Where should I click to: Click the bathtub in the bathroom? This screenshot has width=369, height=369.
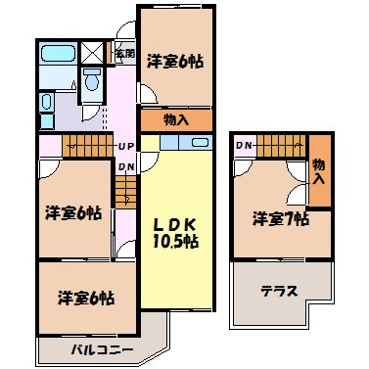pyautogui.click(x=59, y=53)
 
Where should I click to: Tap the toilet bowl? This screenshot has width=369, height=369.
pyautogui.click(x=92, y=79)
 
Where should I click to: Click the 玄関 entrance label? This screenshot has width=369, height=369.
pyautogui.click(x=125, y=54)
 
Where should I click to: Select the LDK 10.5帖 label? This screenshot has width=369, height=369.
pyautogui.click(x=175, y=233)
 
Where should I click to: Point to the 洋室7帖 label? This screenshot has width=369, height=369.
pyautogui.click(x=281, y=218)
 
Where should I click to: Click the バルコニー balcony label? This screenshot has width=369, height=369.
pyautogui.click(x=102, y=350)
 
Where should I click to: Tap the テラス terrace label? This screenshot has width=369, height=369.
pyautogui.click(x=280, y=291)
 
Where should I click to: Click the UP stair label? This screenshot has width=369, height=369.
pyautogui.click(x=126, y=147)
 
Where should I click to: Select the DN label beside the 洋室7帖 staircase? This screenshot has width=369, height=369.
pyautogui.click(x=244, y=146)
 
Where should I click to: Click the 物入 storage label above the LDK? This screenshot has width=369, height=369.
pyautogui.click(x=176, y=120)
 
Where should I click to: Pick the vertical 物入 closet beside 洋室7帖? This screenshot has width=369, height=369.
pyautogui.click(x=320, y=170)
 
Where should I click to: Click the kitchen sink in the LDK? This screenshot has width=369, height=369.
pyautogui.click(x=201, y=143)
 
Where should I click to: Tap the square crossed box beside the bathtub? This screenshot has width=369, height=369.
pyautogui.click(x=92, y=53)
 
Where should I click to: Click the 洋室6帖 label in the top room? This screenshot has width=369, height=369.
pyautogui.click(x=175, y=61)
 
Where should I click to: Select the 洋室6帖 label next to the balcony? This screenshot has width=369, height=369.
pyautogui.click(x=86, y=298)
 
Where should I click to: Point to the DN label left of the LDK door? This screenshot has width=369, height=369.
pyautogui.click(x=126, y=167)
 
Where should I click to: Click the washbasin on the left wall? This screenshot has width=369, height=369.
pyautogui.click(x=47, y=102)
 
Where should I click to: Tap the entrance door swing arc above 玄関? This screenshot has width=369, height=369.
pyautogui.click(x=125, y=29)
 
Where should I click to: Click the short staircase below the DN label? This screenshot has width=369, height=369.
pyautogui.click(x=125, y=191)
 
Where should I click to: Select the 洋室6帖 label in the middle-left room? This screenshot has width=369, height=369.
pyautogui.click(x=73, y=212)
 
